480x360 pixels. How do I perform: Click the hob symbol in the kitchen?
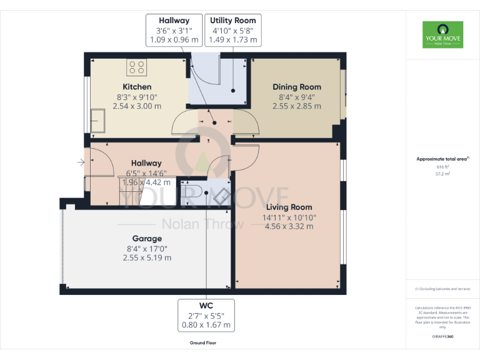[136, 67]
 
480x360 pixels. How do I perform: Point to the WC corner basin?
[221, 196]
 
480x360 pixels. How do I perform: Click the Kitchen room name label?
[137, 87]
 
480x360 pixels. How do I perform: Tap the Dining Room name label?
[297, 87]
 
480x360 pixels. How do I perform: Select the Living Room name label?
[289, 207]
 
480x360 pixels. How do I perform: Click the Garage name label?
[147, 238]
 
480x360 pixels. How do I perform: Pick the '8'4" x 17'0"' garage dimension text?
[147, 248]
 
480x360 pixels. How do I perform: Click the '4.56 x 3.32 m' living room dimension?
[289, 226]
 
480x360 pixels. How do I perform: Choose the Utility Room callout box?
[233, 31]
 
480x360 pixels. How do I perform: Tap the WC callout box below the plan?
[206, 315]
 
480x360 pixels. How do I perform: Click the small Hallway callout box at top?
[174, 31]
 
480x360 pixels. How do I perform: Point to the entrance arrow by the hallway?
[81, 163]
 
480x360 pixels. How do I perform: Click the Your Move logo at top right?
[442, 35]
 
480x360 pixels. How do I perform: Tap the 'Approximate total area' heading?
[442, 159]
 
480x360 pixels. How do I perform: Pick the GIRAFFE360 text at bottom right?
[442, 337]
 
